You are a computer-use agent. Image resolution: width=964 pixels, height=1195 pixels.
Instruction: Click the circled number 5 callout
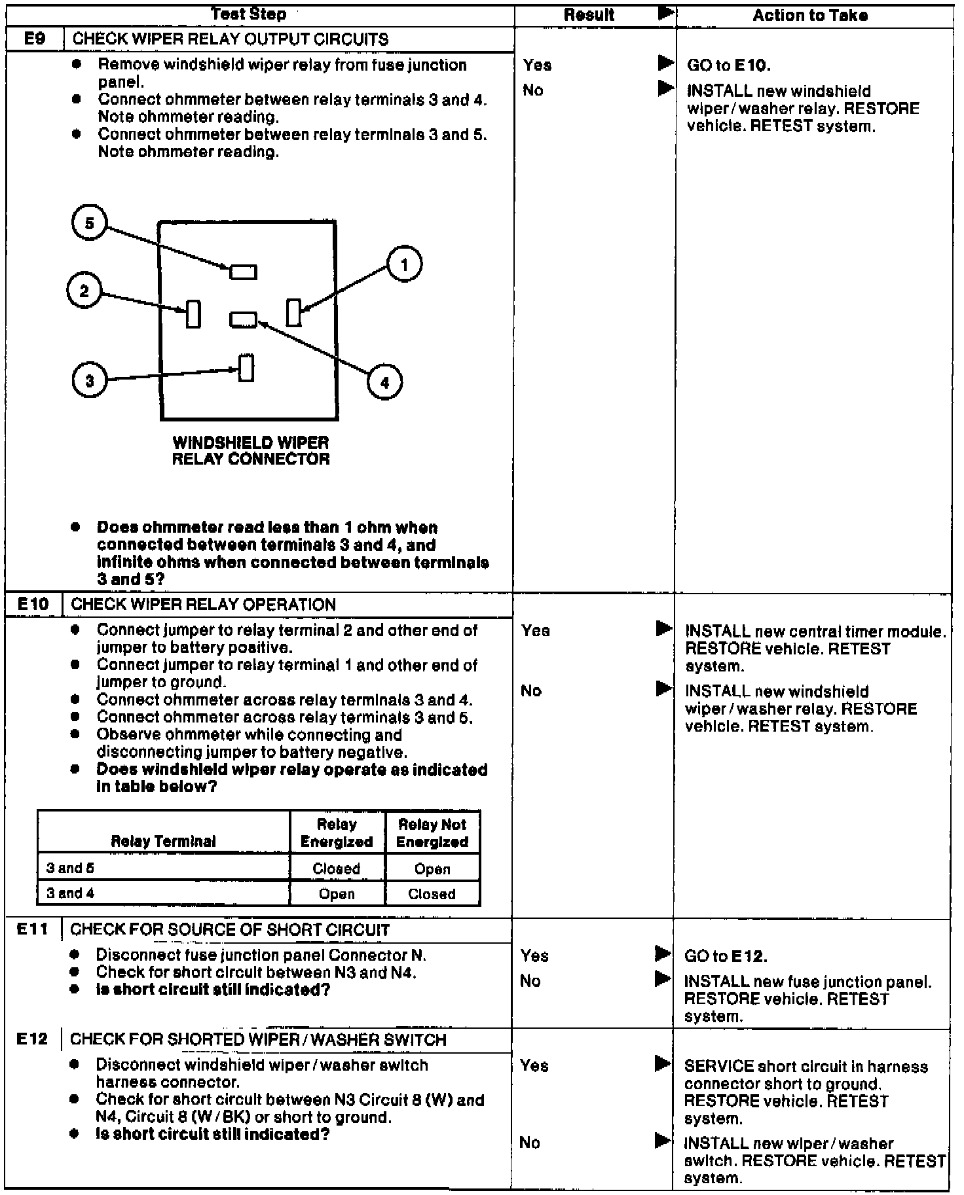tap(89, 224)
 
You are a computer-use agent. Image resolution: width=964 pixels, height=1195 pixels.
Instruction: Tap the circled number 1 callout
tap(404, 264)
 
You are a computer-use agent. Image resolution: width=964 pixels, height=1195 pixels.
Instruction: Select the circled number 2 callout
tap(84, 291)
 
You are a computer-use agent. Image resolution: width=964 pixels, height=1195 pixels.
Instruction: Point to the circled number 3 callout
tap(90, 381)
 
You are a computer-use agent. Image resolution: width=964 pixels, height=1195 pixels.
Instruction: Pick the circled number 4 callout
tap(384, 382)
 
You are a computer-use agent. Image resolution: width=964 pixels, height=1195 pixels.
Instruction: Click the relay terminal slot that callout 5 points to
tap(243, 272)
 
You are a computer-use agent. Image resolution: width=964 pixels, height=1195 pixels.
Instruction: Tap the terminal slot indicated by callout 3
tap(246, 368)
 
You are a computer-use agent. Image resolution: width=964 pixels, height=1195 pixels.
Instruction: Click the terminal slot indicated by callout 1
tap(294, 312)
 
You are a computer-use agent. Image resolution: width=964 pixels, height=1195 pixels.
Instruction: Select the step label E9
tap(35, 39)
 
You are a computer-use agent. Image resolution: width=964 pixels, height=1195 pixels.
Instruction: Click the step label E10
tap(33, 604)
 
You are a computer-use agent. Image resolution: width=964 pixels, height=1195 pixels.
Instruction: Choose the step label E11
tap(33, 929)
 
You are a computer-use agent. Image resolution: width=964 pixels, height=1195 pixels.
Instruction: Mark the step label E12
tap(33, 1039)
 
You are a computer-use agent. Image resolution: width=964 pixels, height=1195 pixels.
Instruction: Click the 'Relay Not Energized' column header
tap(432, 832)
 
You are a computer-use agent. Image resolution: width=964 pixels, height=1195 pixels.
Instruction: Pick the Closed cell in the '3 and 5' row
tap(337, 868)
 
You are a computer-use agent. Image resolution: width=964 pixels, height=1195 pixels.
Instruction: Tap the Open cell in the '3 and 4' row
tap(337, 894)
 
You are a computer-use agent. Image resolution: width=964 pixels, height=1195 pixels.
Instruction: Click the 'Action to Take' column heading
tap(810, 16)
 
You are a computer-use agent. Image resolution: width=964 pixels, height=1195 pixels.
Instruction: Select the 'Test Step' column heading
tap(249, 14)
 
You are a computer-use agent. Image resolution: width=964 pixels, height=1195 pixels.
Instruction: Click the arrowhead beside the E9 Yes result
tap(665, 63)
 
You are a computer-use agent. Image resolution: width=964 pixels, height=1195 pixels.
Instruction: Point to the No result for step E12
tap(530, 1143)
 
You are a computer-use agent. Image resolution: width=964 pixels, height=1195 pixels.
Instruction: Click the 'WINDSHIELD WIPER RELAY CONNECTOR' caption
tap(251, 450)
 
